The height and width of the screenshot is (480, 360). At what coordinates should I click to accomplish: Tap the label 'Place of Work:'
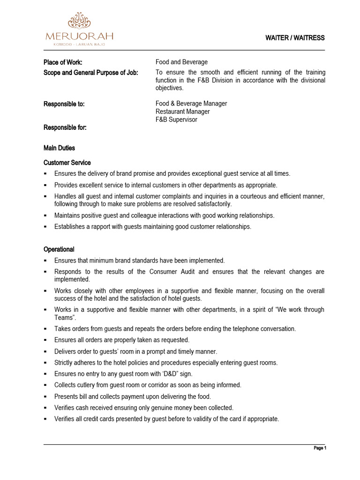63,62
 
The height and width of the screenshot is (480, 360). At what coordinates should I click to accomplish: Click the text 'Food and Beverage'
181,62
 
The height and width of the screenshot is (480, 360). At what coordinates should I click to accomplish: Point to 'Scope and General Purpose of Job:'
91,72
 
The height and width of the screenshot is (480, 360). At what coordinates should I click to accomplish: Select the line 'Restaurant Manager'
182,112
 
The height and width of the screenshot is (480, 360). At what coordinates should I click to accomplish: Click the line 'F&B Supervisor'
176,120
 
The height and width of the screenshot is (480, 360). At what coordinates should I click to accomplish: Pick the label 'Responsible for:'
65,127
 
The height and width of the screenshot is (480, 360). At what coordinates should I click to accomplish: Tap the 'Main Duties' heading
59,148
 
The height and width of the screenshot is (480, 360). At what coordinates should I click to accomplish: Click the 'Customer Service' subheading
67,163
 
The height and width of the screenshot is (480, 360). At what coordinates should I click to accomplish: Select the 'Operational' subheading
59,249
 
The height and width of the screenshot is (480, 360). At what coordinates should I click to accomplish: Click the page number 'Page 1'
320,449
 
